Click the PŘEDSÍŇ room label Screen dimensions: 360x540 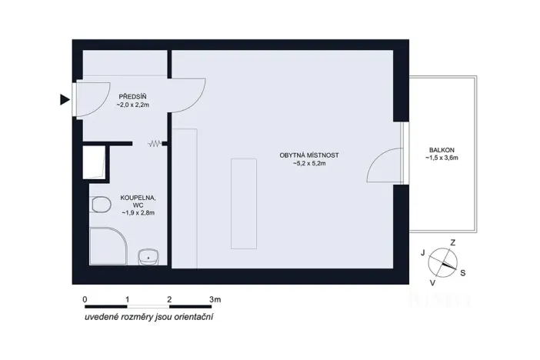[132, 96]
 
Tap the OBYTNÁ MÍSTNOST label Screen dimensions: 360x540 [309, 155]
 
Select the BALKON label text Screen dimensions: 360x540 [442, 149]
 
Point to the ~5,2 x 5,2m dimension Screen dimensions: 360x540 [309, 164]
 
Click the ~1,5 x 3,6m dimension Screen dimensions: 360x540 [442, 158]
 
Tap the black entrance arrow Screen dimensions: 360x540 [65, 99]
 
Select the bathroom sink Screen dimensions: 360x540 [148, 255]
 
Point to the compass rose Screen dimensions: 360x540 [442, 262]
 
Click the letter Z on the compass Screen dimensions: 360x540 [452, 242]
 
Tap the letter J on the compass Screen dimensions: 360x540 [422, 252]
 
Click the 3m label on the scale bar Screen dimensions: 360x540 [215, 298]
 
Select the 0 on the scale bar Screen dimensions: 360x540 [84, 298]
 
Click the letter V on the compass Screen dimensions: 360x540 [432, 282]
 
